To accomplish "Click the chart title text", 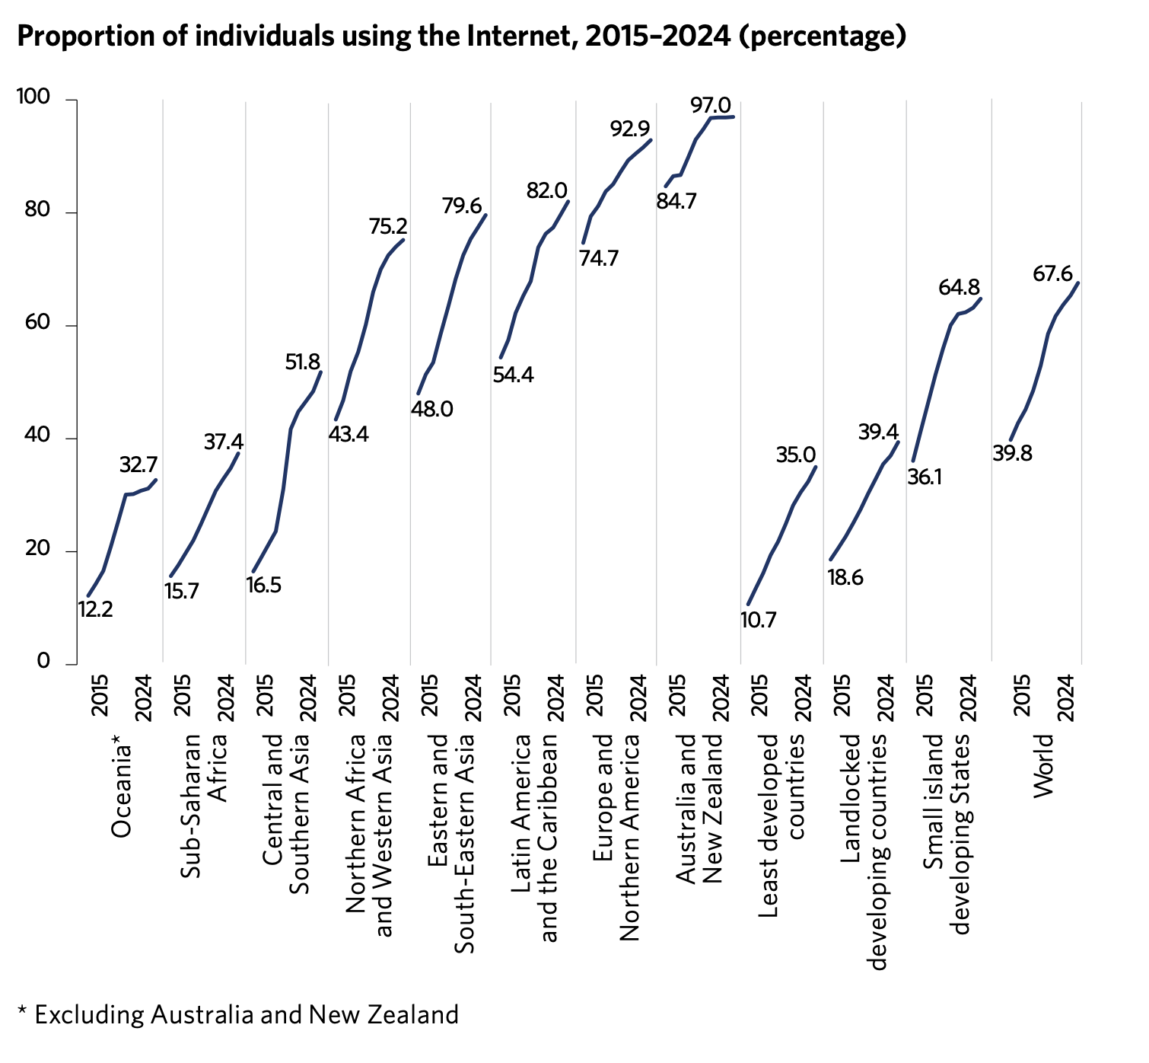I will (x=461, y=36).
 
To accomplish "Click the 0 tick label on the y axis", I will (x=43, y=662).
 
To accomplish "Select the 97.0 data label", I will (x=711, y=105).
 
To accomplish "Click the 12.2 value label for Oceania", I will (x=95, y=609).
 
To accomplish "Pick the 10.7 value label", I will (x=758, y=620).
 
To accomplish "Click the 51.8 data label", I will (x=303, y=362).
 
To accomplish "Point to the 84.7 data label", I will (x=676, y=203).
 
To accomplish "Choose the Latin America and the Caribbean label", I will (x=535, y=838).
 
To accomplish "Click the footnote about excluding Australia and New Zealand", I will (x=238, y=1014).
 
